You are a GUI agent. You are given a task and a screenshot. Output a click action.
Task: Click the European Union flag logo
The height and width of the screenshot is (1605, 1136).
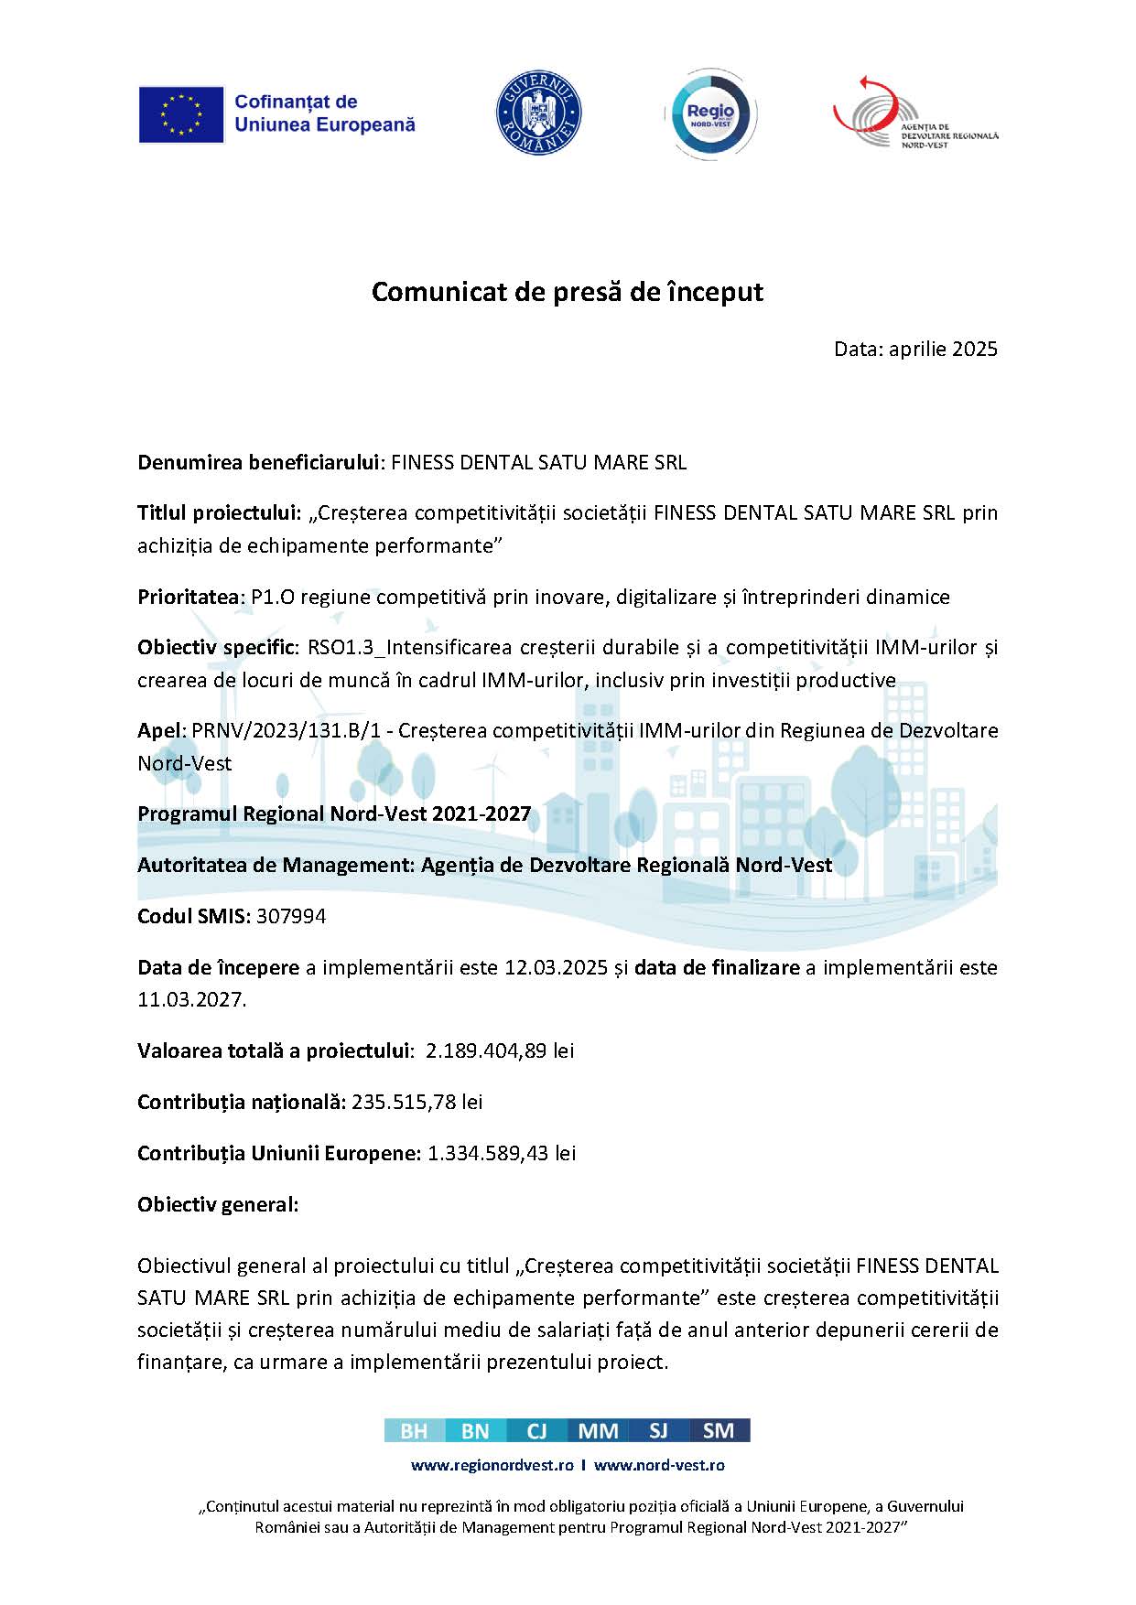[x=181, y=114]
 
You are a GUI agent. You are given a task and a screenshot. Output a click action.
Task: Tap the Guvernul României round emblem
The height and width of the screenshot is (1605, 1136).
[x=539, y=114]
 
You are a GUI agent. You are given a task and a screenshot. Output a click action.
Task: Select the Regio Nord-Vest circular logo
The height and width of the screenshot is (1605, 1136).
[x=710, y=115]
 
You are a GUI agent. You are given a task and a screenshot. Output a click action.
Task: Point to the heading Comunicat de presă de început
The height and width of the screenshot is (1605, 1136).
[x=567, y=292]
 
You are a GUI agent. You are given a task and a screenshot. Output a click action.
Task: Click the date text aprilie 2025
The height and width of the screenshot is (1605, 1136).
[x=943, y=349]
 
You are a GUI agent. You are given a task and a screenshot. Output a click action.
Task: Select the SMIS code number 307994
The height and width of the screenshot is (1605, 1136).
[x=291, y=916]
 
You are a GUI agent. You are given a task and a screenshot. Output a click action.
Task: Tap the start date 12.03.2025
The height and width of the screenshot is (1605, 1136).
[x=556, y=967]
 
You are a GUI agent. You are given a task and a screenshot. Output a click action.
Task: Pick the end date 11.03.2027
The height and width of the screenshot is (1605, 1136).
[x=190, y=999]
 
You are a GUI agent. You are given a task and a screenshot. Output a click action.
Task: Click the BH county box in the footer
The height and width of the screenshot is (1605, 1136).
[x=414, y=1431]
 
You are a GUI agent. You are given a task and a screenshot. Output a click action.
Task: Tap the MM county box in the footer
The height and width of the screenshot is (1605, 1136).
[x=598, y=1431]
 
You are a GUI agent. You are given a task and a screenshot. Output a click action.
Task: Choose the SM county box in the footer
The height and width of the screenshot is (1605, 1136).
[x=719, y=1431]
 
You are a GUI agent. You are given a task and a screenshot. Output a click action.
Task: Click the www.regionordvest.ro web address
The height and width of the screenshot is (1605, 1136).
[x=492, y=1465]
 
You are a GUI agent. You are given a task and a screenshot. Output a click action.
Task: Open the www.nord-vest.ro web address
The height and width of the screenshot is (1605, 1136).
[x=659, y=1465]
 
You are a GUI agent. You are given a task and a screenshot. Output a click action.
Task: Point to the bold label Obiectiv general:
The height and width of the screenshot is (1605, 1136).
[x=218, y=1204]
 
